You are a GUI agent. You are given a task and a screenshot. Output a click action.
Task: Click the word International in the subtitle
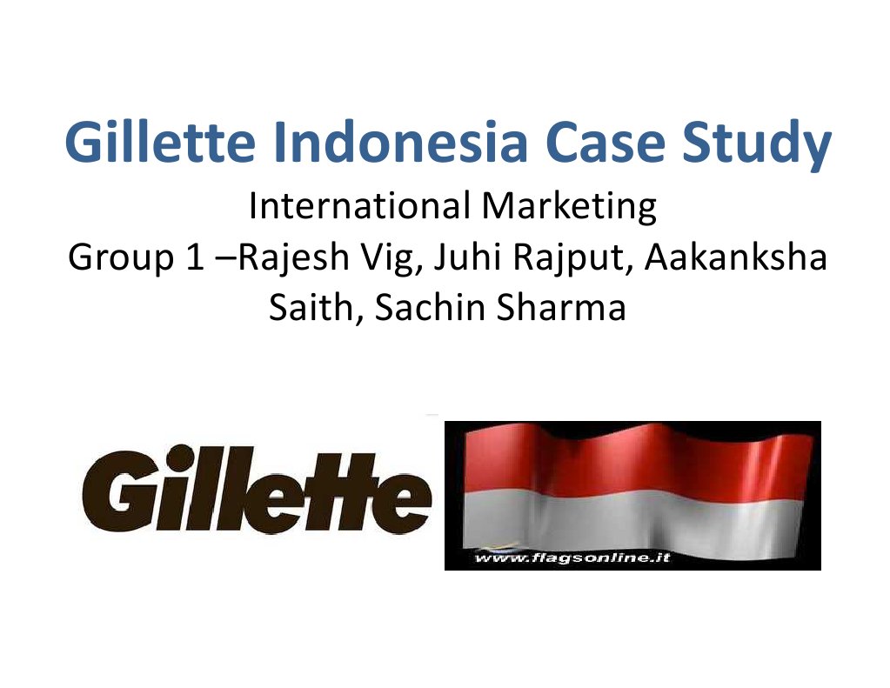353,208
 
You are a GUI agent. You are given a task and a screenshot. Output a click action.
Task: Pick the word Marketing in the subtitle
559,210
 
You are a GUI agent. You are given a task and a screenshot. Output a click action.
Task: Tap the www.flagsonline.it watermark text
572,558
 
